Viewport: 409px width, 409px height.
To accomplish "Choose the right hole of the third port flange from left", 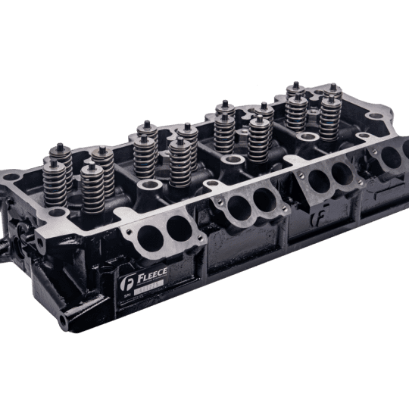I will [342, 173].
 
